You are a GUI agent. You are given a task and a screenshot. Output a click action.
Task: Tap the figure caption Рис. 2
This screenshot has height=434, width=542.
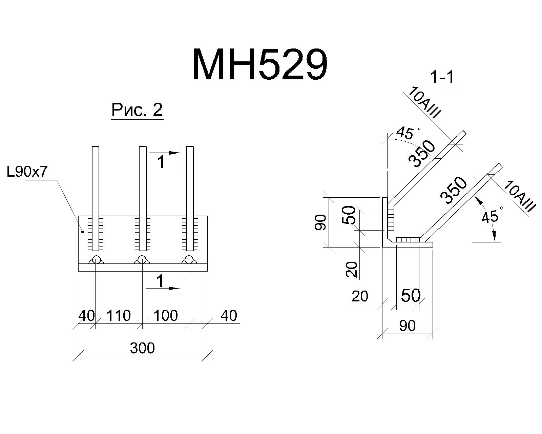[137, 110]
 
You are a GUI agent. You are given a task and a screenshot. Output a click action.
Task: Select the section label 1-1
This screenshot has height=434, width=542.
[442, 77]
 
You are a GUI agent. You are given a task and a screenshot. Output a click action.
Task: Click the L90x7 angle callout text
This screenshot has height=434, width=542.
[27, 172]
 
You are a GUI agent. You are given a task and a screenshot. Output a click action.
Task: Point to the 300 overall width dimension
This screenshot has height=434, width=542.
[142, 348]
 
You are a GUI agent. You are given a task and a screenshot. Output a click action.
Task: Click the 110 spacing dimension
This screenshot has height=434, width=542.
[119, 315]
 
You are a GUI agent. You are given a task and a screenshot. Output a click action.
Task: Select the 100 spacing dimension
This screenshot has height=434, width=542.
[166, 315]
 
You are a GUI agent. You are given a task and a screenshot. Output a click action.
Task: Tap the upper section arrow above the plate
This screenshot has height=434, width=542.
[165, 153]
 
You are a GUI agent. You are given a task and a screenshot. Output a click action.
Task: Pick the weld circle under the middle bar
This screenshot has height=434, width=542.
[142, 259]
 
